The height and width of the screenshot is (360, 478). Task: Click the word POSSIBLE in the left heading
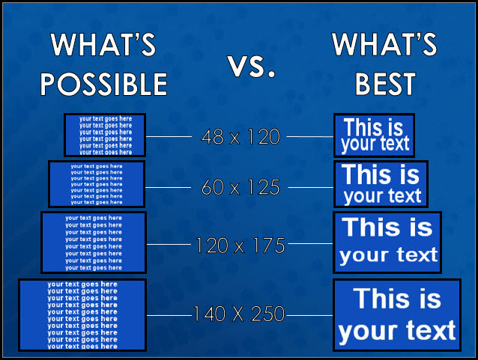(103, 83)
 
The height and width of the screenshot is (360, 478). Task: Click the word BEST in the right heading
(384, 83)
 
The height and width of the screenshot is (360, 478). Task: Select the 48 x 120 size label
(240, 137)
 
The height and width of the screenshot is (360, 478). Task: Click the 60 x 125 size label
(240, 187)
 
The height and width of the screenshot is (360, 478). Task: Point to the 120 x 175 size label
(240, 245)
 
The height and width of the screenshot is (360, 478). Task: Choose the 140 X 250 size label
(239, 314)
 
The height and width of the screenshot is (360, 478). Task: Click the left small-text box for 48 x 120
(105, 135)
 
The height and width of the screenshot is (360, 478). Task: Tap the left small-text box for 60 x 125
(96, 184)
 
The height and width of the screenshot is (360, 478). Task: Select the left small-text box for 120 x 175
(94, 242)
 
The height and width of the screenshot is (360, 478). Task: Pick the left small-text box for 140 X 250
(82, 314)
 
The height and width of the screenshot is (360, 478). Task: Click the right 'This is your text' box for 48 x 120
(374, 135)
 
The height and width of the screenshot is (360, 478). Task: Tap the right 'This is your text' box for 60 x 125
(381, 185)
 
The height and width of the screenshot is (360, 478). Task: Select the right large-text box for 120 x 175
(387, 242)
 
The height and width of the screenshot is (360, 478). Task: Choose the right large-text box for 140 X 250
(396, 315)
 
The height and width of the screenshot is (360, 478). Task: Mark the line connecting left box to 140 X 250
(169, 315)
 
